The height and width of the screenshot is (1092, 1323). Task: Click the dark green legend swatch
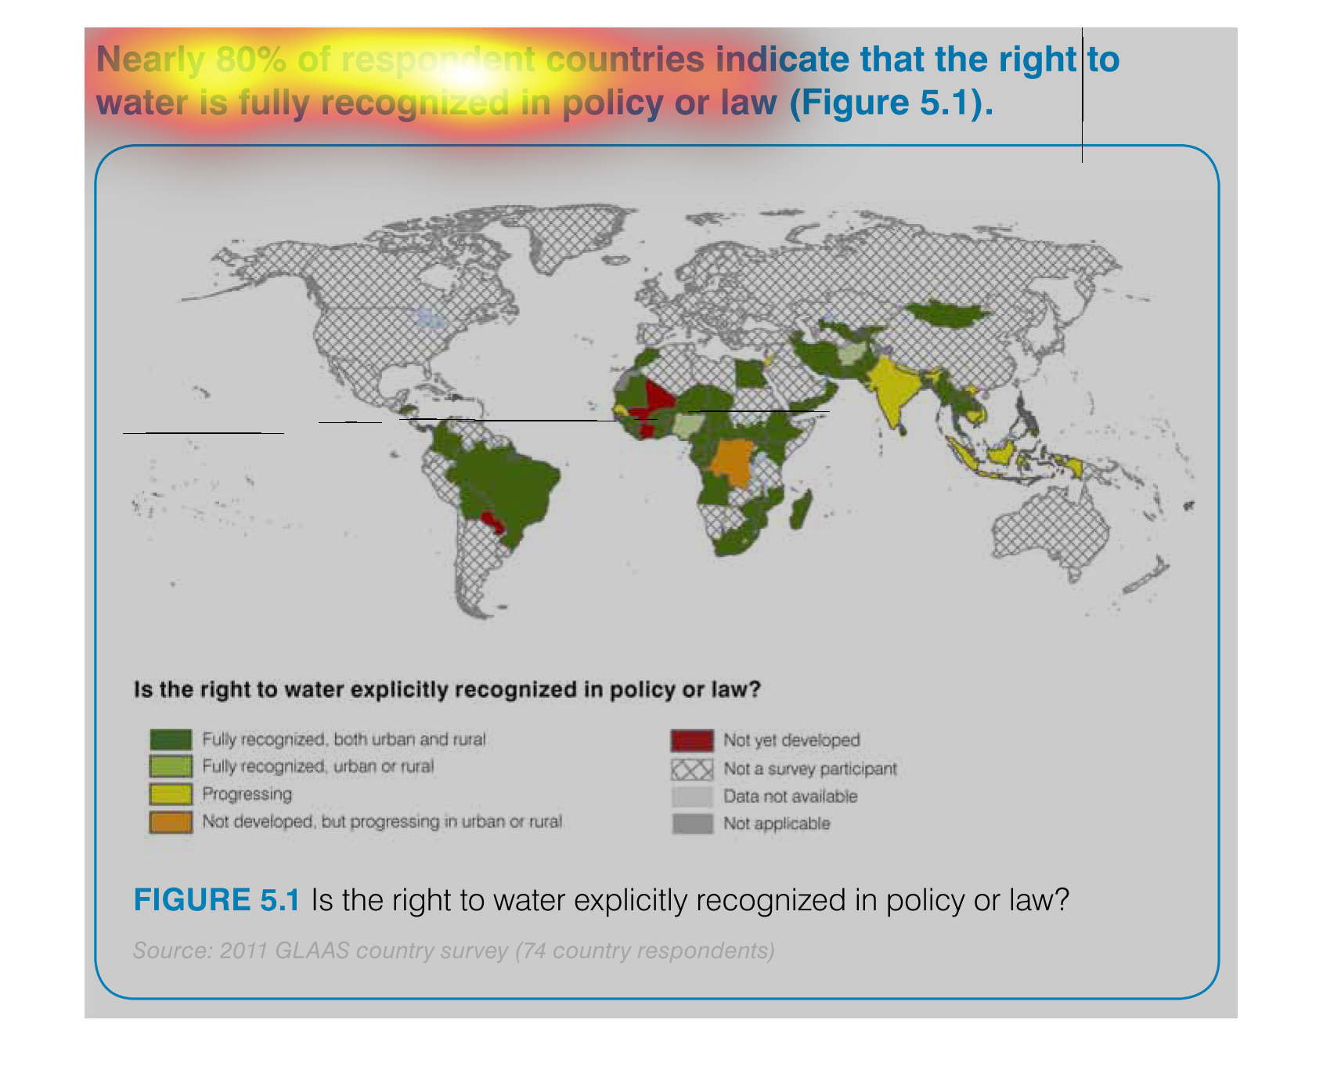171,739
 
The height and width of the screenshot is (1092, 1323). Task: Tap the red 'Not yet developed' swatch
692,740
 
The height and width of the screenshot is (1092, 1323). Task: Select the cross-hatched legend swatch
692,769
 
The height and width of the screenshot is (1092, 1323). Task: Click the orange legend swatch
171,823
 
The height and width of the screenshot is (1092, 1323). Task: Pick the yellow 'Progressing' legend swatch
171,794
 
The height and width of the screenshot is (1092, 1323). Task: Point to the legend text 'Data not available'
791,797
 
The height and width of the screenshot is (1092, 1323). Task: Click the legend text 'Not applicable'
777,824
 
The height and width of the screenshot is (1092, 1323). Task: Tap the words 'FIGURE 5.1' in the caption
217,900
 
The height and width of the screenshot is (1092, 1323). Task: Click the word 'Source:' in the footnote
173,950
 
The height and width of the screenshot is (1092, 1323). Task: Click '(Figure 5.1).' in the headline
892,103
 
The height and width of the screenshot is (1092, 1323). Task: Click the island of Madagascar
799,510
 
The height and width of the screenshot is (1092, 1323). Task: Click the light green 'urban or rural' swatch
171,767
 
